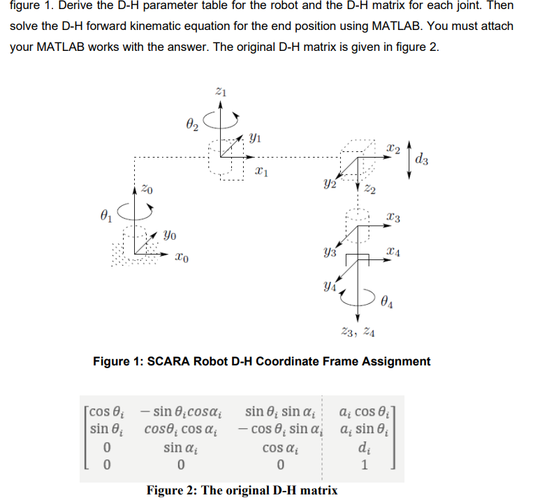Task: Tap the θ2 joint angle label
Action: pyautogui.click(x=194, y=126)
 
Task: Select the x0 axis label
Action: pyautogui.click(x=180, y=259)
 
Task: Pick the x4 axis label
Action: pyautogui.click(x=394, y=250)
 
